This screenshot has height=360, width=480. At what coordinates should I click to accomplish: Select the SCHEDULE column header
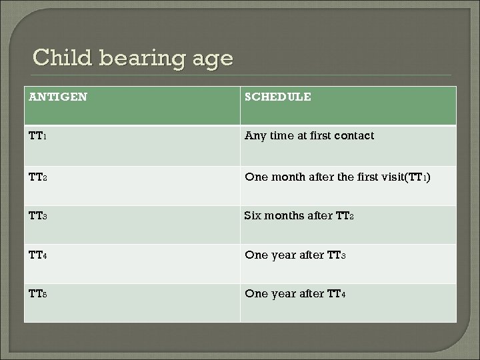(x=278, y=97)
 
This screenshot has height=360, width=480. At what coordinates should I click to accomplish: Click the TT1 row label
(x=38, y=136)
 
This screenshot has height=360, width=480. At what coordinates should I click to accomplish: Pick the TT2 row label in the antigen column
(x=38, y=177)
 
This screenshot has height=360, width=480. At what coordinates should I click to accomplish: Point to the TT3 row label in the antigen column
(x=38, y=216)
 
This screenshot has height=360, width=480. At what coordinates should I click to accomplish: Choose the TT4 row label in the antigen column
(x=38, y=255)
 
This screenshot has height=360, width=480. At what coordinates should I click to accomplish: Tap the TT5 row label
(x=38, y=294)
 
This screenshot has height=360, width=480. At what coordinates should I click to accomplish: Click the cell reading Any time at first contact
(x=309, y=136)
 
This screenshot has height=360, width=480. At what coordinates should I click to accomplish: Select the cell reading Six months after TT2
(x=303, y=216)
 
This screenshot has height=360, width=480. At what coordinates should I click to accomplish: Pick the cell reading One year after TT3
(x=296, y=255)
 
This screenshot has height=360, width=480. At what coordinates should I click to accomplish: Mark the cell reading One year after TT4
(x=296, y=294)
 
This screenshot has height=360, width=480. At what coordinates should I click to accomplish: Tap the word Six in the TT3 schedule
(x=253, y=216)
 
